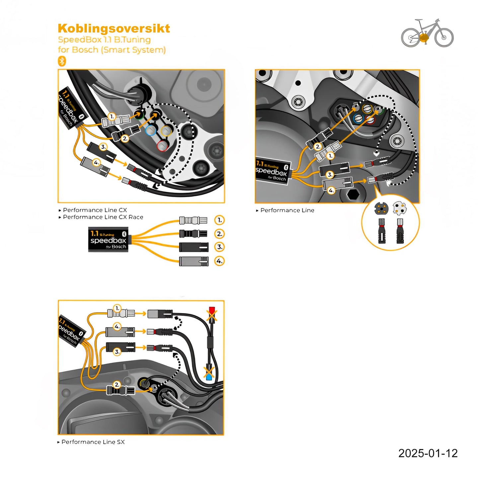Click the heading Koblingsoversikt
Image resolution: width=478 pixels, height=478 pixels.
click(114, 29)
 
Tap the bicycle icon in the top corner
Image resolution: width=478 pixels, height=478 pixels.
click(427, 33)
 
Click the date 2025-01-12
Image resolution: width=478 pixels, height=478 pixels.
click(428, 453)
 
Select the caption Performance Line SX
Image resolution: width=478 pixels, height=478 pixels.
click(93, 442)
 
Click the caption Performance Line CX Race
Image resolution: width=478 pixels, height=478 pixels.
click(103, 217)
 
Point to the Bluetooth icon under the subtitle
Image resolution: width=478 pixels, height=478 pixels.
click(62, 61)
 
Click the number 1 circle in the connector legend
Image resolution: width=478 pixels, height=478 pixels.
click(219, 220)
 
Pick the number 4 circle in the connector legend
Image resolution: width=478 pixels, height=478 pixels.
click(219, 261)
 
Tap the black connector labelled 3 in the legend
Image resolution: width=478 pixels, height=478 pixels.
click(194, 247)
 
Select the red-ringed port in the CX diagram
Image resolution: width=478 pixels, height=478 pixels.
click(162, 145)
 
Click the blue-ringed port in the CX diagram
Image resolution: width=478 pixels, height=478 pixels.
click(150, 130)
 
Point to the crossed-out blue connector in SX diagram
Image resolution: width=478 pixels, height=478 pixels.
click(209, 373)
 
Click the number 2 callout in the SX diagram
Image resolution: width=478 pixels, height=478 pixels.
click(117, 384)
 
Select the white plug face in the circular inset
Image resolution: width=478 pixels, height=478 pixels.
click(399, 208)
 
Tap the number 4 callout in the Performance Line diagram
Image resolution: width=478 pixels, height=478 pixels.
click(331, 191)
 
